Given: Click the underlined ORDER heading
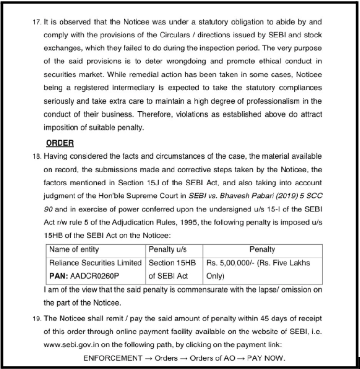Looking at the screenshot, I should (x=60, y=143).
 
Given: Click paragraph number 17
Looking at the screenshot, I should (x=37, y=22).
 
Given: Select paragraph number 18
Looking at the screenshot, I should (x=37, y=156).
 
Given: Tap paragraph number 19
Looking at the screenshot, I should (x=37, y=319).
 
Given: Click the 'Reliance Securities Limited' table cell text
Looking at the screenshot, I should (x=96, y=263).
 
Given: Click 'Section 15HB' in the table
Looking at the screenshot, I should (x=172, y=263).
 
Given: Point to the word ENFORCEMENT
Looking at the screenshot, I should (x=112, y=358).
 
